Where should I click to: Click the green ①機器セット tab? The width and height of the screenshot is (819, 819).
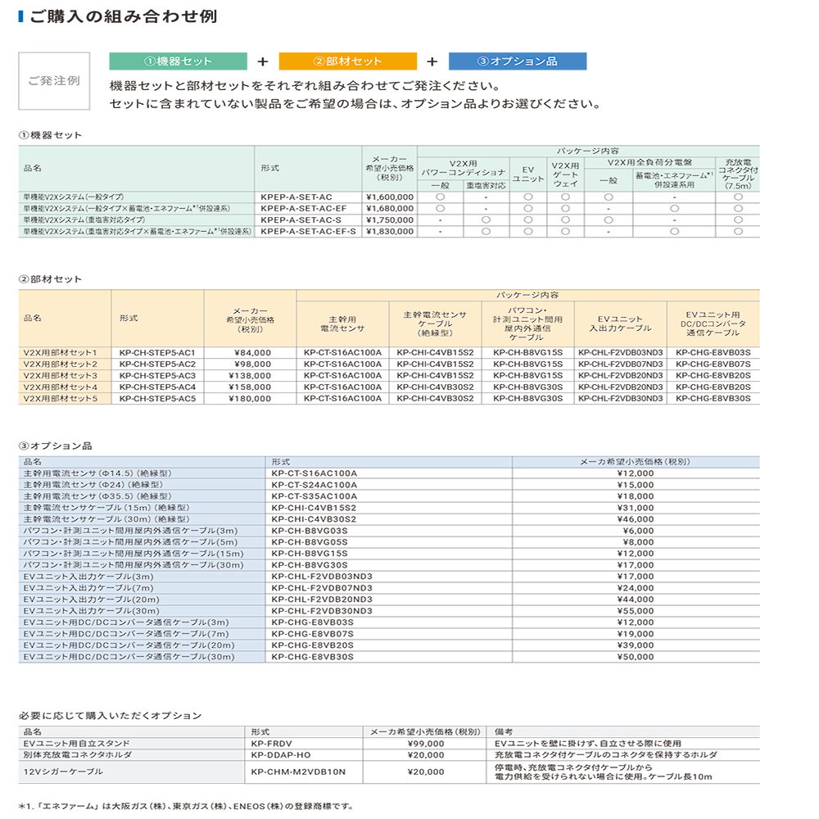tap(178, 61)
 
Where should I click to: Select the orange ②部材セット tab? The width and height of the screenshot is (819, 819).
tap(347, 61)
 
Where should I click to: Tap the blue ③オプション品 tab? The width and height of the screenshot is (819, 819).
tap(517, 61)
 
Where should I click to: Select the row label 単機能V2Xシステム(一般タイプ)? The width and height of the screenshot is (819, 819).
tap(75, 197)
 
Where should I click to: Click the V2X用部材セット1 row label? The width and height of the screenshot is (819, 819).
tap(66, 352)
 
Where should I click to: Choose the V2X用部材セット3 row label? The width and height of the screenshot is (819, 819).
tap(66, 375)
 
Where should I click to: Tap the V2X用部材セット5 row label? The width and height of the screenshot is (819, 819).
tap(66, 398)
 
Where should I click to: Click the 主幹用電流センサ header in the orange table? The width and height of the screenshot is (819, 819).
tap(342, 324)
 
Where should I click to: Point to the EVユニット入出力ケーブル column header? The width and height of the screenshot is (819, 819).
tap(620, 324)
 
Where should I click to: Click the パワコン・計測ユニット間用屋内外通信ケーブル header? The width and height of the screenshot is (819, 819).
tap(527, 324)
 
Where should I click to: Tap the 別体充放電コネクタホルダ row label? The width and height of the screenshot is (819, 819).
tap(77, 754)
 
